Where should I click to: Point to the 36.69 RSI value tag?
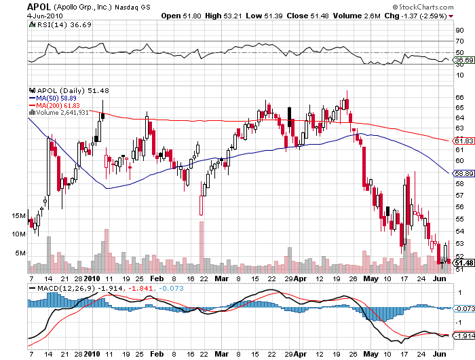[463, 60]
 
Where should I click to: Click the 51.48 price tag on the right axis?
[463, 263]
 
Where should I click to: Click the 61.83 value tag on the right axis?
[463, 141]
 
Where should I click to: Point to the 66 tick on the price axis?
[459, 96]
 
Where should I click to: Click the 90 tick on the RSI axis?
[459, 30]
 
